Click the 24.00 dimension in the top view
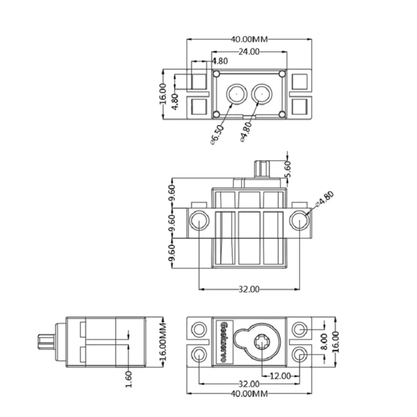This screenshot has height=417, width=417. point(249,52)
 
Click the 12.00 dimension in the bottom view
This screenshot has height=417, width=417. point(280,376)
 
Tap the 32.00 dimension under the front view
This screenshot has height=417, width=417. point(249,289)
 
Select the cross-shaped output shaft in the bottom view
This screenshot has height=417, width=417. point(261,342)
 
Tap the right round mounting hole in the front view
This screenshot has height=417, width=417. point(299,220)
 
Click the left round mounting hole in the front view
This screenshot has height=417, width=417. point(199,220)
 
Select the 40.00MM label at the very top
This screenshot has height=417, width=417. point(249,39)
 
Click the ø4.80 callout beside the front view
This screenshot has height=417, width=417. point(324,199)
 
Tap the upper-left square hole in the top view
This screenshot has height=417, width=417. point(199,82)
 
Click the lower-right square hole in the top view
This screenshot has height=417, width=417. point(299,107)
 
